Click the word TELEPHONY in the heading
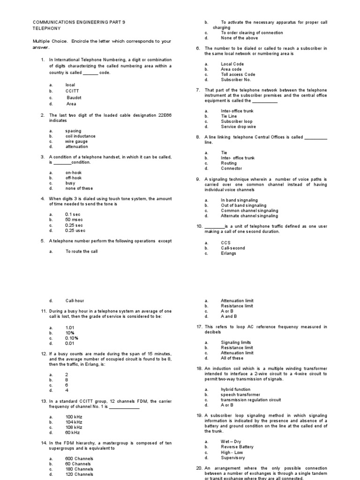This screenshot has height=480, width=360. (44, 28)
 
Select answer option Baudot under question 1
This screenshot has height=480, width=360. (74, 97)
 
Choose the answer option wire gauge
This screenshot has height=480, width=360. (76, 141)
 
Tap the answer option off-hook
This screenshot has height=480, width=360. (74, 178)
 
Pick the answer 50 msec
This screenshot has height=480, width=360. (74, 219)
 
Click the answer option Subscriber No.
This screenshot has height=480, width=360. (236, 80)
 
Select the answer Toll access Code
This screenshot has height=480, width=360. (238, 75)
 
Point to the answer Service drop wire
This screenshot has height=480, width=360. (238, 127)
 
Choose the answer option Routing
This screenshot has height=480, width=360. (229, 163)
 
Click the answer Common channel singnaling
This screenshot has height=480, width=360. (249, 210)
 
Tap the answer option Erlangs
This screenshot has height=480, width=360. (228, 253)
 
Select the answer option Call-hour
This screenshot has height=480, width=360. (75, 300)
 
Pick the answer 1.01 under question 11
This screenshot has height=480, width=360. (70, 328)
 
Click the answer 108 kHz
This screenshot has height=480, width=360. (74, 427)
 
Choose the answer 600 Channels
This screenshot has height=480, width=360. (79, 458)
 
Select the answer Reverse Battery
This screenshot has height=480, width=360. (237, 447)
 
